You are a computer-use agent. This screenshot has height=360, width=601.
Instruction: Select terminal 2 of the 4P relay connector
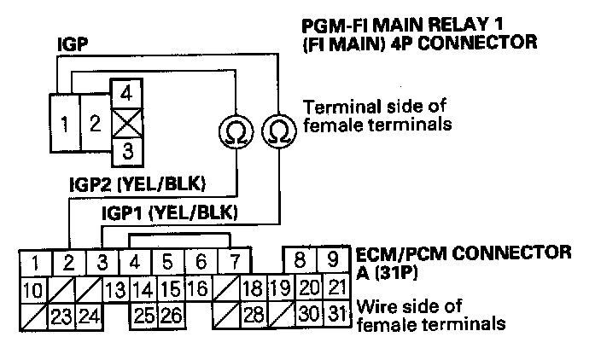tap(94, 122)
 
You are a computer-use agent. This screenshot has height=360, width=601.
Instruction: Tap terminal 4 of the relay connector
tap(125, 91)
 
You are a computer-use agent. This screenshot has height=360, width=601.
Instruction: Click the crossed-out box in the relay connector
tap(125, 123)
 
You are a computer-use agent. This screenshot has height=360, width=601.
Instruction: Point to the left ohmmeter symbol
tap(233, 131)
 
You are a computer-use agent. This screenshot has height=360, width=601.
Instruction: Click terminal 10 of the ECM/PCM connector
tap(32, 290)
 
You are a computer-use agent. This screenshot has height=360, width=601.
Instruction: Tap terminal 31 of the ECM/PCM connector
tap(338, 316)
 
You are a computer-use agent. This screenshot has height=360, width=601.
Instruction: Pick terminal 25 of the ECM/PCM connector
tap(144, 316)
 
